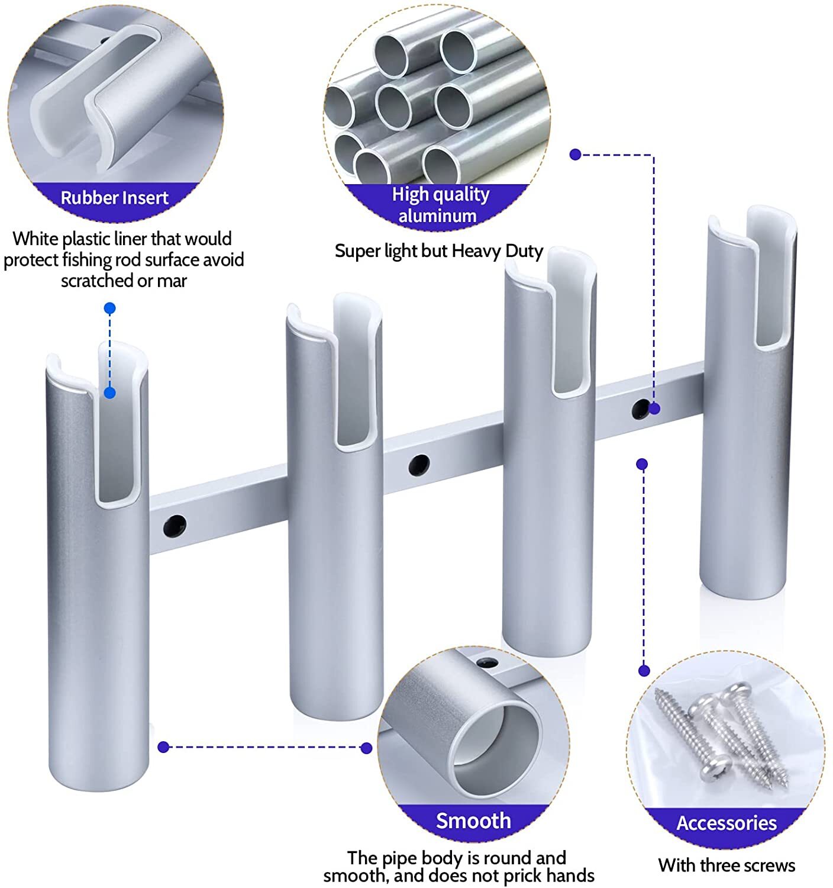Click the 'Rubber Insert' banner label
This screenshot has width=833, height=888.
click(114, 198)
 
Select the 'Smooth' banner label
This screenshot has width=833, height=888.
click(473, 821)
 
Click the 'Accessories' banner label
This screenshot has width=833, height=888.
click(726, 823)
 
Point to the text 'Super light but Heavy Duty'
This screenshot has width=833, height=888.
click(438, 251)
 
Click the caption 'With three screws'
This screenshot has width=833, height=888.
click(726, 865)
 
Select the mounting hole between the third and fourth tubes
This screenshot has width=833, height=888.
click(641, 408)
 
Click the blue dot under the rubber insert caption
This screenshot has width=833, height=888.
click(109, 308)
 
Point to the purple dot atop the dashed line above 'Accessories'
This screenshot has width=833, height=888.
click(642, 464)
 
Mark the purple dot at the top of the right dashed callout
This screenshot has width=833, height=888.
click(575, 155)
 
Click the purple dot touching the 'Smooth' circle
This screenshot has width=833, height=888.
click(366, 748)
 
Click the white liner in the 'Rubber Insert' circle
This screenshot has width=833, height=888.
click(98, 107)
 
